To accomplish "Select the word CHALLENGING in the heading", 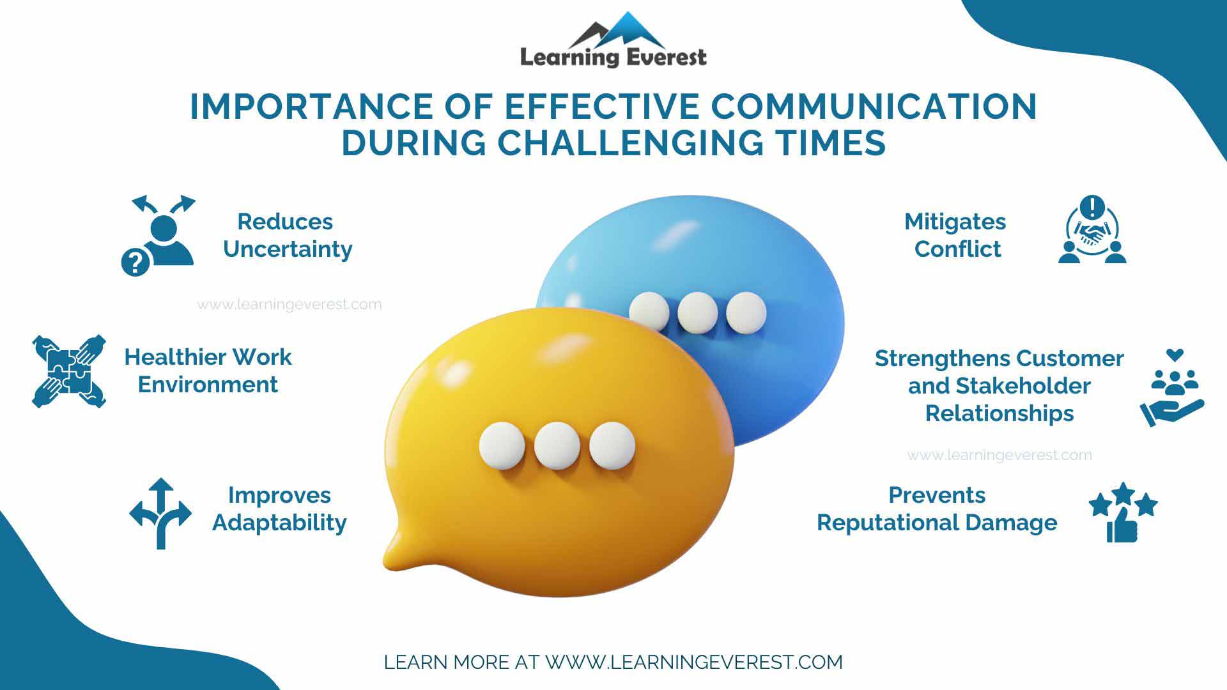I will (629, 142).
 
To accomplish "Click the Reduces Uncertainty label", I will (287, 235).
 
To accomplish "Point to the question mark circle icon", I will (135, 263).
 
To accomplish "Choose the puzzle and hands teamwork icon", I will (69, 371).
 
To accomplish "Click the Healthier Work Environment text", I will (208, 371).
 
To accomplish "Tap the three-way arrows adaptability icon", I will (160, 513).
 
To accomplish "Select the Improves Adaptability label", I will (279, 509).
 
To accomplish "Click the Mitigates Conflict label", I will (956, 235).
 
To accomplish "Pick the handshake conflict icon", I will (1092, 231).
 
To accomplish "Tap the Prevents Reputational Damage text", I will (937, 509).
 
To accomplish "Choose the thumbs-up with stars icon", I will (1123, 512).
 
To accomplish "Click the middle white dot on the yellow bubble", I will (557, 445).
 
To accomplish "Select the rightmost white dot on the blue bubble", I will (745, 313).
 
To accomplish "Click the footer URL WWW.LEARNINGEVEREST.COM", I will (693, 662).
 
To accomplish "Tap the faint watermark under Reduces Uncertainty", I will (289, 305).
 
